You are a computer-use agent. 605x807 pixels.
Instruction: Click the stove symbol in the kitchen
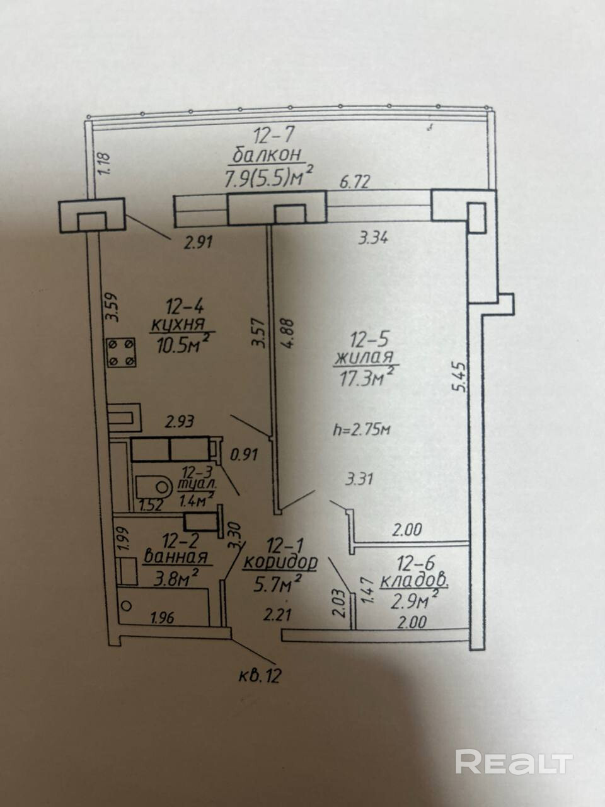pyautogui.click(x=121, y=352)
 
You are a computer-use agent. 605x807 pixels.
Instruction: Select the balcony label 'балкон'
pyautogui.click(x=268, y=154)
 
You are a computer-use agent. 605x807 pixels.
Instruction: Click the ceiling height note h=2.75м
pyautogui.click(x=362, y=430)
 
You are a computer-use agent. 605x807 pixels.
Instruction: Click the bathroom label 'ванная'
pyautogui.click(x=176, y=557)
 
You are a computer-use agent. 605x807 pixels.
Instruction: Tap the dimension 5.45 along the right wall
pyautogui.click(x=461, y=377)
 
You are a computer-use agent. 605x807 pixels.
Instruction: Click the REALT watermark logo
pyautogui.click(x=514, y=762)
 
